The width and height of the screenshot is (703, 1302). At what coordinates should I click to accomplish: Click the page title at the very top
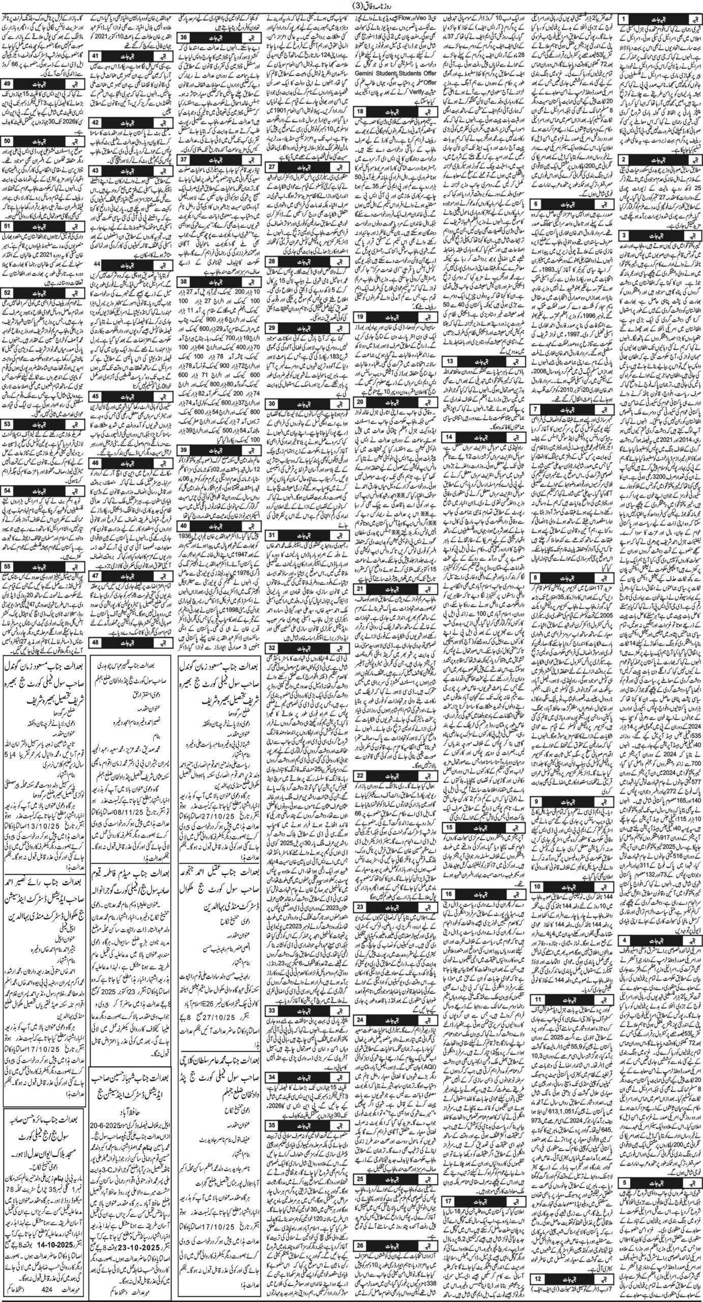350,6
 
